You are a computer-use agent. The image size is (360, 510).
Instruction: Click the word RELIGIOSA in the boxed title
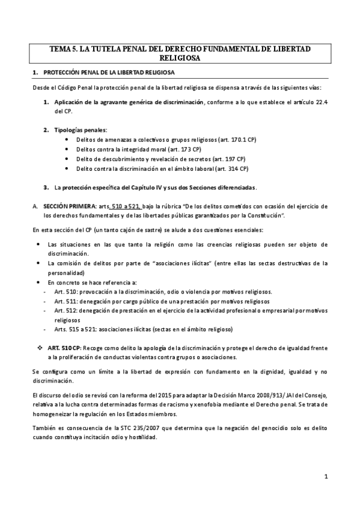[180, 58]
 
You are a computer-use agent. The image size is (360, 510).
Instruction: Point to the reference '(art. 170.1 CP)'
[218, 140]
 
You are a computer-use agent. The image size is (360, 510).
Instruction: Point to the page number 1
[325, 478]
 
